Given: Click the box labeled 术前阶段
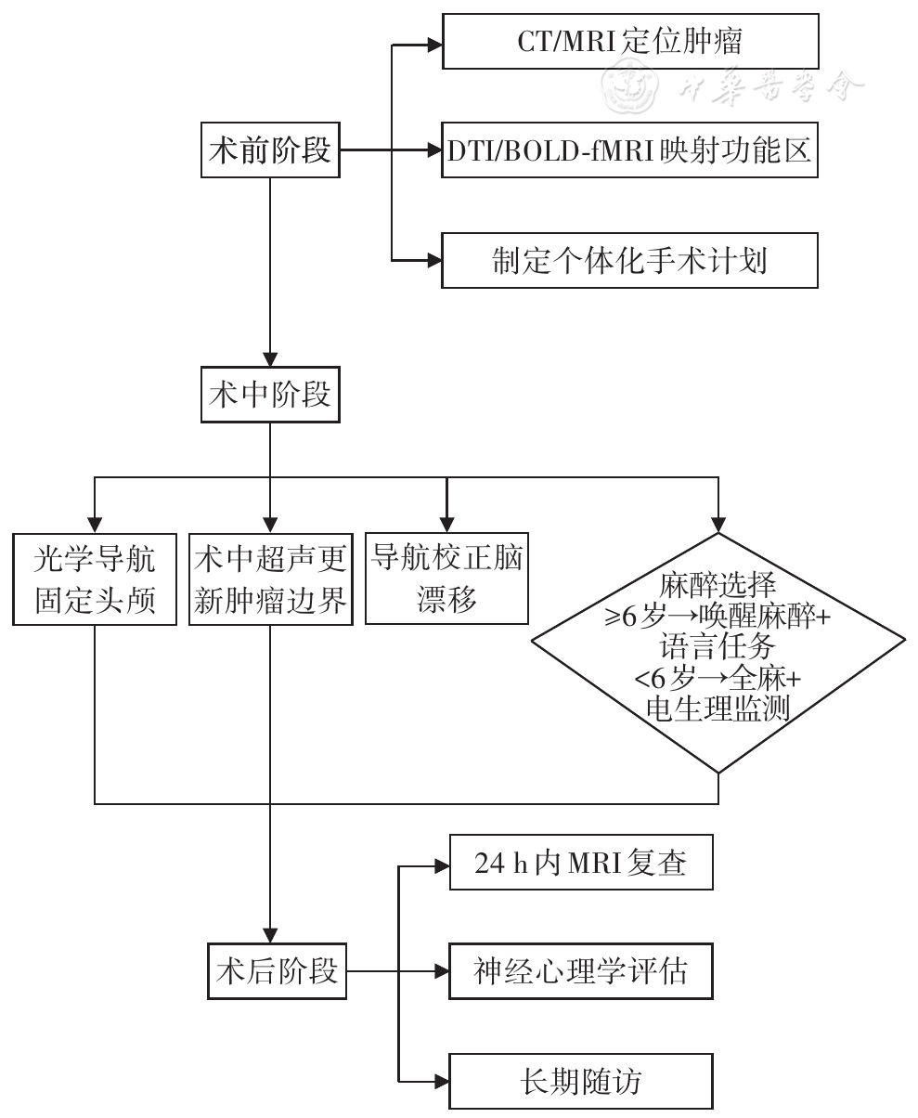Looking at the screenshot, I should tap(270, 150).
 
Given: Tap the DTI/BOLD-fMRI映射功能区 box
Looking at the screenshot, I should tap(629, 150).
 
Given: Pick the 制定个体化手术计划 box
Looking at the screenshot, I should tap(629, 260).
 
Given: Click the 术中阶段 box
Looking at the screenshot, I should tap(270, 396).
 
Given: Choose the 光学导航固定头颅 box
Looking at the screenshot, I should tap(96, 578).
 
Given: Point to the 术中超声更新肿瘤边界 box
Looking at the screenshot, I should tap(270, 578).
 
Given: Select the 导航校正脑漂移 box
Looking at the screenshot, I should tap(446, 577).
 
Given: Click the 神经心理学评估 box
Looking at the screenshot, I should tap(581, 972).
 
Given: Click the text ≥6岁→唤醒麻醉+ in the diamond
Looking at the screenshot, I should tap(718, 617).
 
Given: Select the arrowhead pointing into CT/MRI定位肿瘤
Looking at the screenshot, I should tap(433, 43).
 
